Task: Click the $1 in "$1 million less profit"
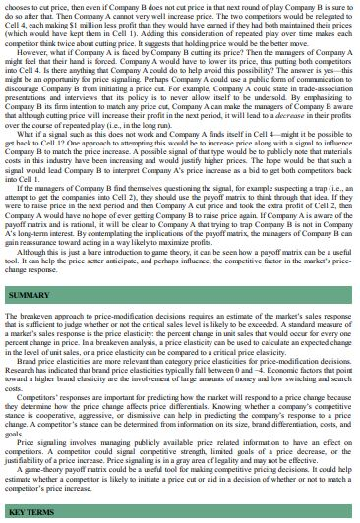[94, 30]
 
